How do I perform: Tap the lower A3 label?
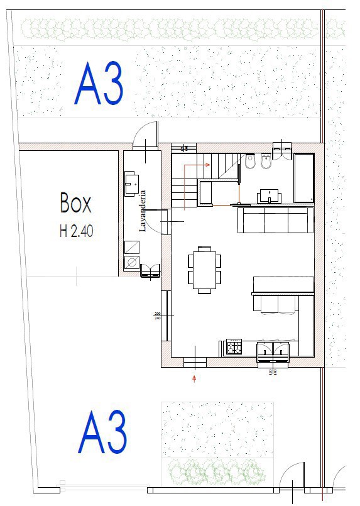(x=102, y=432)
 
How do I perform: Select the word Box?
(x=76, y=203)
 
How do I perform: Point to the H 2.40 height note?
(x=76, y=231)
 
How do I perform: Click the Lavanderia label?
(x=143, y=211)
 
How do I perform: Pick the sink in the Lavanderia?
(x=132, y=184)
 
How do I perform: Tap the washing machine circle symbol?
(x=132, y=263)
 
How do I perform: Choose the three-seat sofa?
(x=275, y=220)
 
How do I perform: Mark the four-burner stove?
(x=234, y=346)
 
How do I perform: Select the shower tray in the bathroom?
(x=304, y=178)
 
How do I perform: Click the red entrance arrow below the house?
(x=194, y=378)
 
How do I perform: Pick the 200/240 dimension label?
(x=158, y=316)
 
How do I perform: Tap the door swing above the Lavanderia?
(x=146, y=135)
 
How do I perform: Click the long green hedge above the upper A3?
(x=170, y=28)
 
